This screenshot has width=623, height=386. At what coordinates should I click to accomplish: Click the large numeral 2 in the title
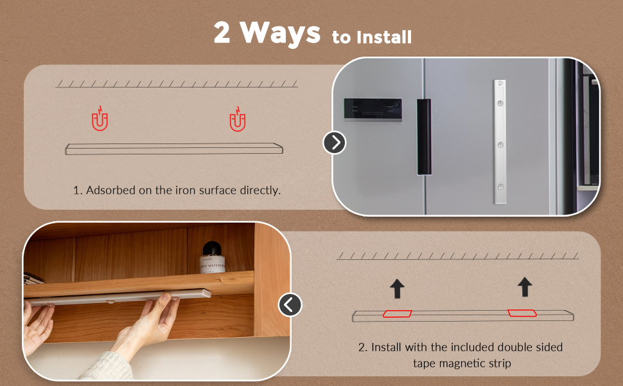point(222,33)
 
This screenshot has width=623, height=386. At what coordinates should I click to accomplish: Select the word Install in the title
point(384,37)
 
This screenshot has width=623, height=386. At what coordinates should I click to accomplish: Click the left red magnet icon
point(100,119)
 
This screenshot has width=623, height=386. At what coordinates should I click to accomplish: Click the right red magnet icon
point(238,119)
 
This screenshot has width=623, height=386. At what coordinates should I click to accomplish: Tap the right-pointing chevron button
point(334,142)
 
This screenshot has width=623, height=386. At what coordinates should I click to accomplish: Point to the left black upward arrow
point(398,288)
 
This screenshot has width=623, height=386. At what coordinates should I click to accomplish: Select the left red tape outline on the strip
point(398,313)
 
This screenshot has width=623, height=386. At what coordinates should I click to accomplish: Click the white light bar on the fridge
point(500,142)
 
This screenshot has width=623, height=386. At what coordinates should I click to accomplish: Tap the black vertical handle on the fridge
point(423,136)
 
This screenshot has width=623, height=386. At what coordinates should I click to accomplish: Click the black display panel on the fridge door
point(373,109)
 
